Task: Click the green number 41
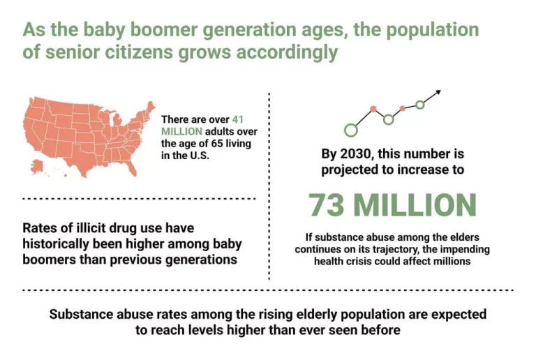click(237, 119)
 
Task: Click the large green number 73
click(326, 205)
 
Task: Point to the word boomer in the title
click(164, 30)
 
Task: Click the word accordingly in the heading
click(287, 53)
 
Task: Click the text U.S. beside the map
click(200, 156)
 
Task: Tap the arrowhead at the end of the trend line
click(438, 92)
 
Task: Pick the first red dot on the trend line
click(373, 109)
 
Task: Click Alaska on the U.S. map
click(36, 166)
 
